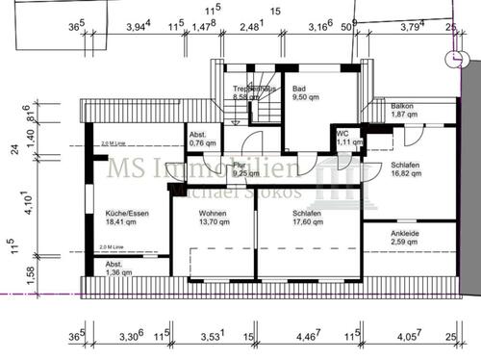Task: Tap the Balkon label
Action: [x=403, y=106]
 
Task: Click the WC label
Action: [x=342, y=133]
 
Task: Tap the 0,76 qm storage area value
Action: [x=202, y=142]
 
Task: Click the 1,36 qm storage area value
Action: [x=113, y=273]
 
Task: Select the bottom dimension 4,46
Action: [x=305, y=337]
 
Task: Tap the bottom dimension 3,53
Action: [x=212, y=337]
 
